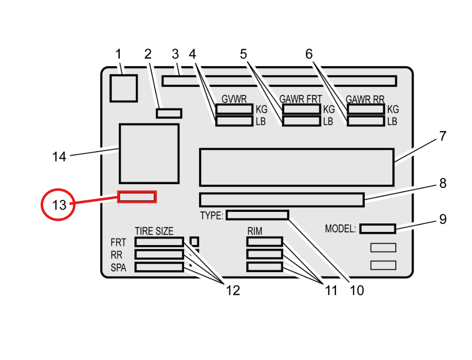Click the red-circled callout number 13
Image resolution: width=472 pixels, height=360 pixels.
[x=58, y=205]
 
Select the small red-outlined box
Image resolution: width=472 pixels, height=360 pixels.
[x=137, y=197]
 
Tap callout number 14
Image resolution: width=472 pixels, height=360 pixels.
[x=59, y=157]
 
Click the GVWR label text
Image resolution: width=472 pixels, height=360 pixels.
[x=234, y=99]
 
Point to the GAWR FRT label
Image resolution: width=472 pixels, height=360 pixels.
[x=301, y=99]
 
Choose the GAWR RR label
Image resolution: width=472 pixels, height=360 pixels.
[x=365, y=99]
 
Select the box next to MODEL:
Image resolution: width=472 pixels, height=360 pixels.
[x=377, y=229]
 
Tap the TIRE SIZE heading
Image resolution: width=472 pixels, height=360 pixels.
[x=154, y=231]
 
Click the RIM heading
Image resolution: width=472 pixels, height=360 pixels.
[x=255, y=231]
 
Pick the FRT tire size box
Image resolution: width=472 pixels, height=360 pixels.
[x=160, y=242]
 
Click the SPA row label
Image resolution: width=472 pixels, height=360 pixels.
[x=118, y=268]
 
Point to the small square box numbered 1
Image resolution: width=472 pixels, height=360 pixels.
[x=123, y=88]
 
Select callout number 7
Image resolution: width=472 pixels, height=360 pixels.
[x=442, y=136]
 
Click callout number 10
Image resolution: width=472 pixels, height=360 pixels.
[x=357, y=290]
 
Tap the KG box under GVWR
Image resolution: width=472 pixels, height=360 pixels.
[x=234, y=109]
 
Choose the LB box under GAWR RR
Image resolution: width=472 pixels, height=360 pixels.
[x=366, y=121]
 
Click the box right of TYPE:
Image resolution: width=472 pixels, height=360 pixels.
[x=257, y=215]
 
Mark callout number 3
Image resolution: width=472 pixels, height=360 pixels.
[x=175, y=53]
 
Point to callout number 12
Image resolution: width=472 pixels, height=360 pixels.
[x=232, y=290]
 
